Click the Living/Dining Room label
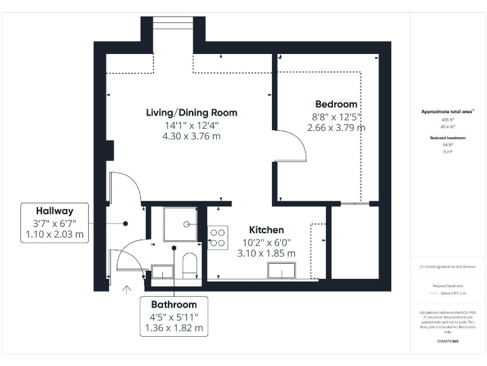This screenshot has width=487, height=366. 192,112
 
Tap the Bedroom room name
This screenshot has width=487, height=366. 336,104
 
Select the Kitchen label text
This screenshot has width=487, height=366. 266,229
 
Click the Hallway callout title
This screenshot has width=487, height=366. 55,211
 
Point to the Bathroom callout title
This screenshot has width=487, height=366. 173,304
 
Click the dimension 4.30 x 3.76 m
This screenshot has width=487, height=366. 192,136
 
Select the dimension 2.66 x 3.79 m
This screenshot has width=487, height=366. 336,128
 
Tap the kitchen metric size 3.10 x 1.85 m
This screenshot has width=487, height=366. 266,253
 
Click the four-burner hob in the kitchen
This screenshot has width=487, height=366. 218,237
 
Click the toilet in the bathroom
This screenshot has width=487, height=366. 190,263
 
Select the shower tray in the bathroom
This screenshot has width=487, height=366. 181,223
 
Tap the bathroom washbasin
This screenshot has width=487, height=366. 162,272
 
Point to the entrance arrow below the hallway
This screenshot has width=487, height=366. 126,291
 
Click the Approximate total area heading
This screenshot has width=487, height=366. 448,112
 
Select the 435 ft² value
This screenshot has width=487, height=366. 448,119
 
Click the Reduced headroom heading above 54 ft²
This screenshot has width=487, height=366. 448,138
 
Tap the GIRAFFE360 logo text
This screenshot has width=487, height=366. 448,341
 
